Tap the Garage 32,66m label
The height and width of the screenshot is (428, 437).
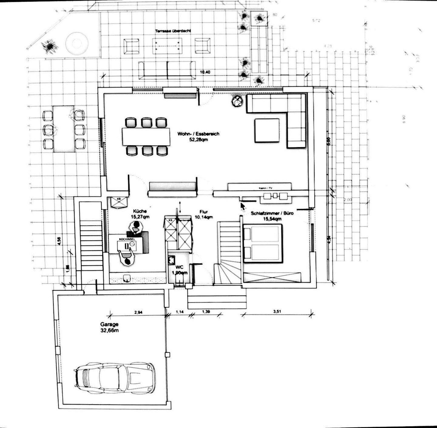109,328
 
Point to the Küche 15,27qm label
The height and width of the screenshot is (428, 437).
140,214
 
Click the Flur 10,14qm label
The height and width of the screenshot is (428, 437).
204,214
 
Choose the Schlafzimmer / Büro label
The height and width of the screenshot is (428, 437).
268,216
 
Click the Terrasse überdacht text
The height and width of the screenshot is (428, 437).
173,31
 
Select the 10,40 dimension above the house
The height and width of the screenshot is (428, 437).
205,72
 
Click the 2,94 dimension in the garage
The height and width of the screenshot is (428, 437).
138,312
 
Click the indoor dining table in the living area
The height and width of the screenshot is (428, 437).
146,136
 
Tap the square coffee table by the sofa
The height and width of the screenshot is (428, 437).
267,130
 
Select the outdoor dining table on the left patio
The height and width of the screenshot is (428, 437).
64,129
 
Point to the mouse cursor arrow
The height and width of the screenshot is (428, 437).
242,206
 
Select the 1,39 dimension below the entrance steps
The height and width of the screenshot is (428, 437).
206,312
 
